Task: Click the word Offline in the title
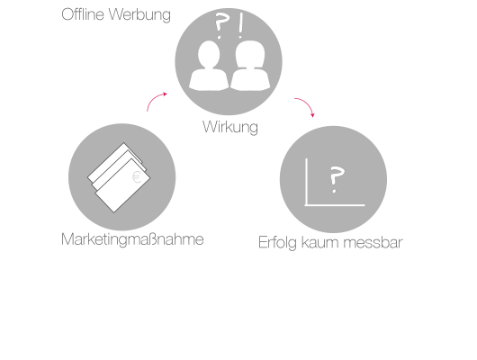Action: [x=83, y=14]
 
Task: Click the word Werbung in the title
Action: [x=139, y=15]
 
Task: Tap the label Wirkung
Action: [x=230, y=127]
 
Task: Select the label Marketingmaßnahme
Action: [x=132, y=239]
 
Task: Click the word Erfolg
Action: [x=277, y=243]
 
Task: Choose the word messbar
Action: [x=373, y=242]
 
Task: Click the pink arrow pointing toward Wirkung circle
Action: [x=153, y=99]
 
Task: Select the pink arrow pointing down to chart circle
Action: [x=308, y=103]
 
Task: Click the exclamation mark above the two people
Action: [x=241, y=25]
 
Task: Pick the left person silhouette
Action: [x=209, y=66]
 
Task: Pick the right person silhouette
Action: [x=250, y=66]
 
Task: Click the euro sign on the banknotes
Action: [x=137, y=177]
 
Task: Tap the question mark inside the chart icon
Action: [x=337, y=179]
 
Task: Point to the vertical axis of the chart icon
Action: [x=306, y=182]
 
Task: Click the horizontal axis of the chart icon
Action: [x=335, y=205]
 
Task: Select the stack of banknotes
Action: [x=119, y=177]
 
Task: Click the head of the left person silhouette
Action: [x=209, y=54]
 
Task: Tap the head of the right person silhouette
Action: [x=250, y=54]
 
